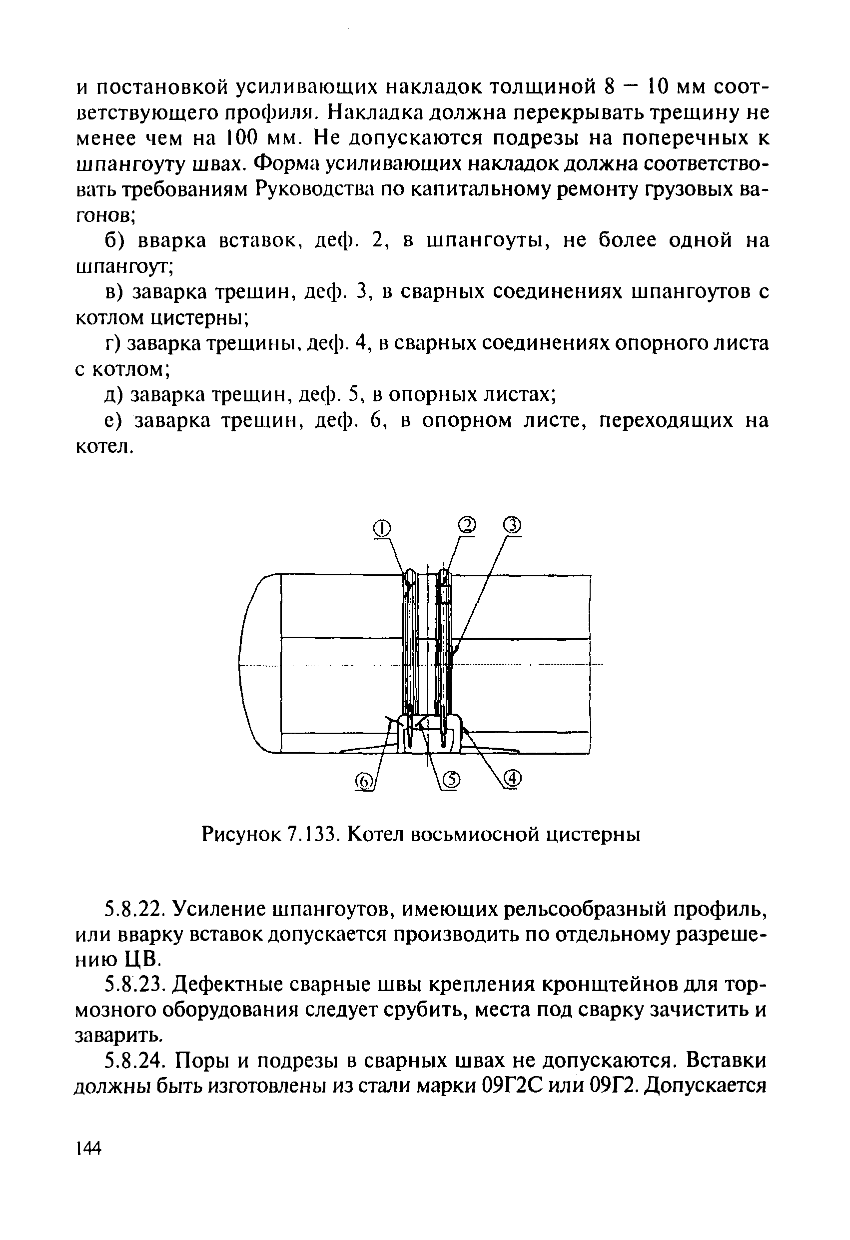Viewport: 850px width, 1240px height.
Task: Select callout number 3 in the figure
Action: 511,526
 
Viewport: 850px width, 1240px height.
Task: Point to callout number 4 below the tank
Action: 511,779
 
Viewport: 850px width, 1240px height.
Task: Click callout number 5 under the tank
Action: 451,780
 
